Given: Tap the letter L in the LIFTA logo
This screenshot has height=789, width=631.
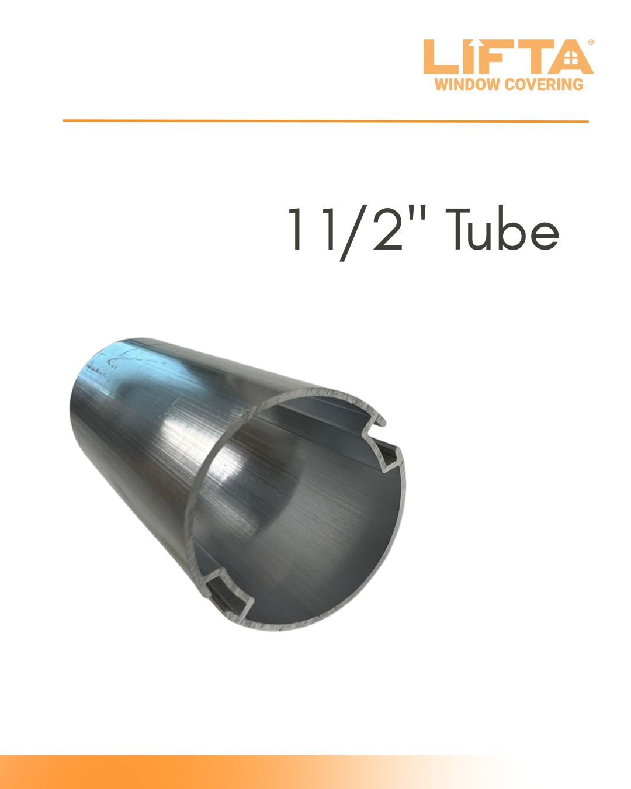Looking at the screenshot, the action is click(436, 57).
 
